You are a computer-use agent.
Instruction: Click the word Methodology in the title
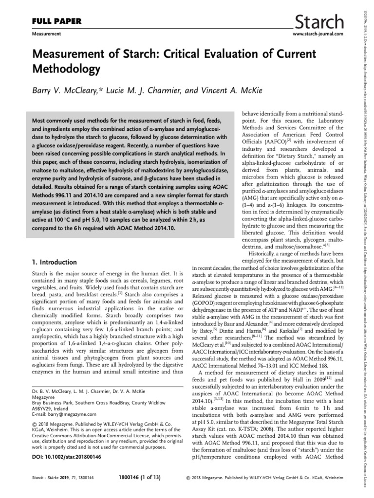coord(66,69)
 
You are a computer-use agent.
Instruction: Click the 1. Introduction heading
coord(53,262)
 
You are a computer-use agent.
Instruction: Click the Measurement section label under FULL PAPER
coord(46,35)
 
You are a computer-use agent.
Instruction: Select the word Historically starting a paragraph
coord(267,253)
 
